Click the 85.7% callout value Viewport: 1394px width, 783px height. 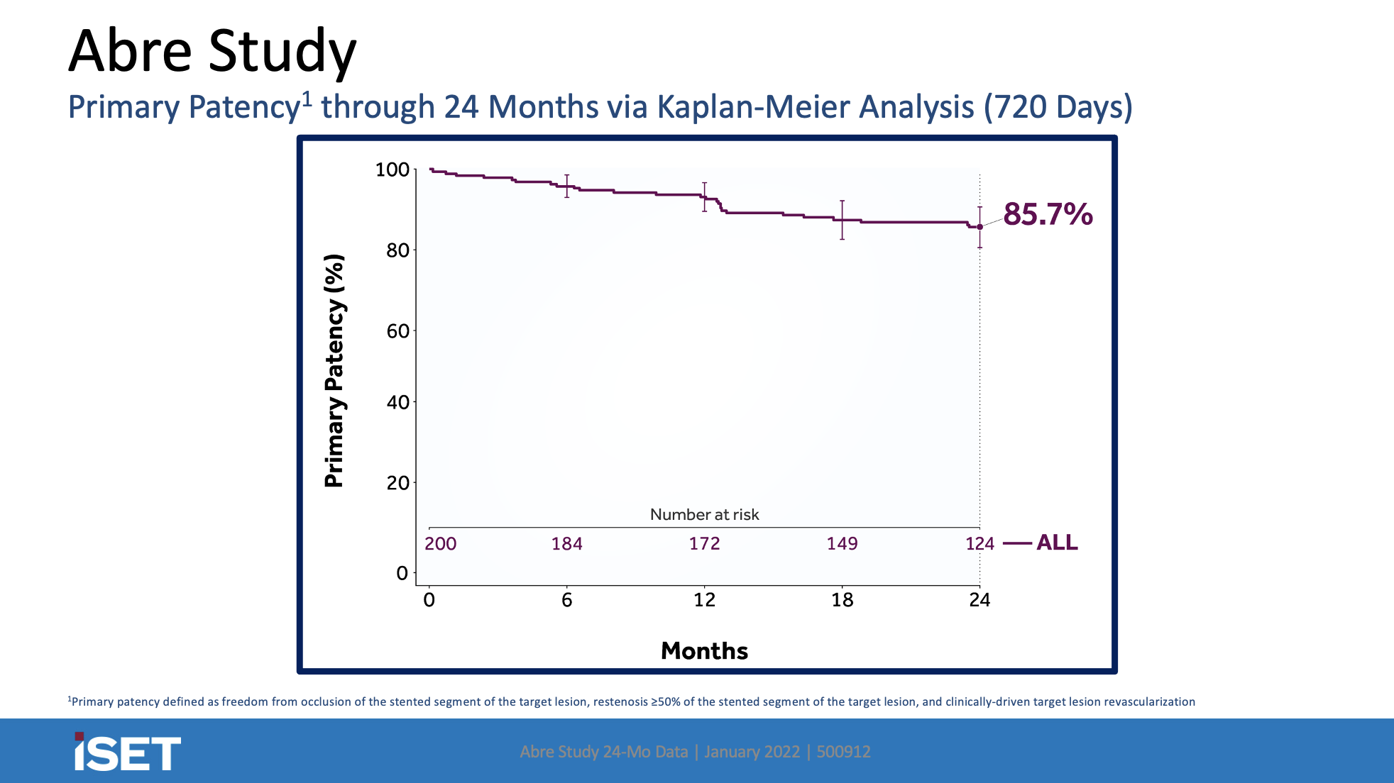pos(1048,214)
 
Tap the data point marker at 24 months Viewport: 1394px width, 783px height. pos(979,227)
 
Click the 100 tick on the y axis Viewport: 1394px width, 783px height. pos(393,170)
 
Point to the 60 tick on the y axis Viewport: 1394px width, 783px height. pos(397,331)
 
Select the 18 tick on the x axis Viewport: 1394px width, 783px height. pos(842,600)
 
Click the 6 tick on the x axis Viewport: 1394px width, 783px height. pos(566,600)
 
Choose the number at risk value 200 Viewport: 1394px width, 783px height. pos(440,544)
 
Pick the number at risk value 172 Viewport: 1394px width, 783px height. pos(704,544)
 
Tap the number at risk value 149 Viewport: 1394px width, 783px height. pos(842,544)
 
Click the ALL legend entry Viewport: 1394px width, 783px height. pos(1056,543)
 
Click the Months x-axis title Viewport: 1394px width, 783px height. pos(704,651)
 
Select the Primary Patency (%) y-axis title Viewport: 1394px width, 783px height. pos(334,371)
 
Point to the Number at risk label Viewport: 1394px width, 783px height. pos(704,515)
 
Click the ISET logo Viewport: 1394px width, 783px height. pos(128,753)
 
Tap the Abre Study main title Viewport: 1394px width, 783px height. pos(212,51)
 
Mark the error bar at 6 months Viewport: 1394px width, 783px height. pos(566,186)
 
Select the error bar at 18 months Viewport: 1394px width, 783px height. pos(842,220)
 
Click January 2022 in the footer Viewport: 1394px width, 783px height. pos(752,752)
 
